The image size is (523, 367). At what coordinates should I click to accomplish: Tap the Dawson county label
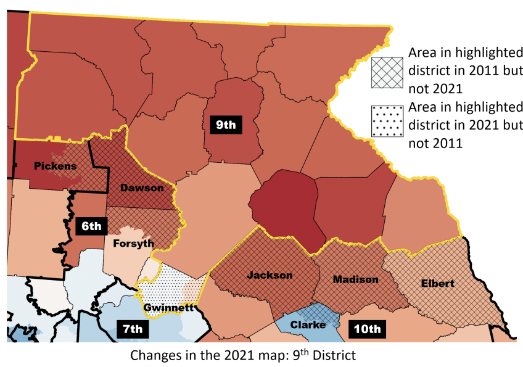click(141, 187)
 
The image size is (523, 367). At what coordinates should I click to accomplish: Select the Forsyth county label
click(134, 243)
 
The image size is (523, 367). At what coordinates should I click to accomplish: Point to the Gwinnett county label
click(169, 307)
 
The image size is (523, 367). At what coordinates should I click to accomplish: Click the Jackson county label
click(270, 274)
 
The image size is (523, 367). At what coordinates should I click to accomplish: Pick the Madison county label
click(355, 279)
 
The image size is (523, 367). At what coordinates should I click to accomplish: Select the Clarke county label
click(308, 325)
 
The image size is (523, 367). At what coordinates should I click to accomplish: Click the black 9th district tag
click(225, 125)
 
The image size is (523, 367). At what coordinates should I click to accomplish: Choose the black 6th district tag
click(91, 226)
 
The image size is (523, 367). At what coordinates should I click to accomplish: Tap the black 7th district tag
click(131, 329)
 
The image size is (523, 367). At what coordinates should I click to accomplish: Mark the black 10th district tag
click(367, 329)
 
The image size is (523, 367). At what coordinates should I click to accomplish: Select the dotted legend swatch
click(387, 122)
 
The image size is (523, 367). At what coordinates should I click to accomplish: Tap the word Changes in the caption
click(154, 355)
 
